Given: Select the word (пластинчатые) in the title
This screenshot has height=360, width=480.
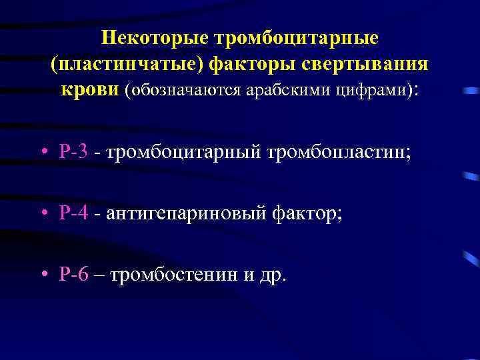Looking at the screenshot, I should click(x=126, y=64).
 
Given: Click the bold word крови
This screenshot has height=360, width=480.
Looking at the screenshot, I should click(x=89, y=89).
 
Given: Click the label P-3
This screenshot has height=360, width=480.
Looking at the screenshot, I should click(x=73, y=153).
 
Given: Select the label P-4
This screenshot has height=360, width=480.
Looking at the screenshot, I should click(x=73, y=213).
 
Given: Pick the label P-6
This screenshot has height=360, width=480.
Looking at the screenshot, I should click(x=73, y=274).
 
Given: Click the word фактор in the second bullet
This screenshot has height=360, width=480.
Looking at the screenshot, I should click(x=305, y=213).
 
